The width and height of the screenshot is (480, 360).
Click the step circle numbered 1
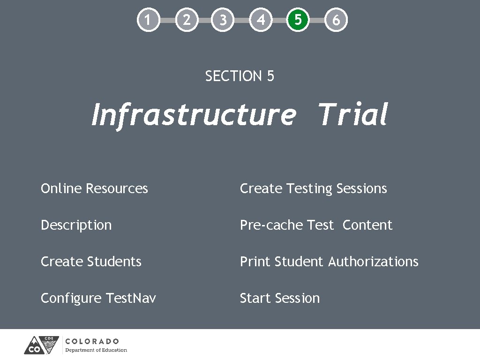pos(148,20)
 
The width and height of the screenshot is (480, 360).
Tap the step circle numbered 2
pos(186,20)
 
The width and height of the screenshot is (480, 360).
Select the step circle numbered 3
pos(223,20)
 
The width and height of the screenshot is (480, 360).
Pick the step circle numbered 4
pos(261,20)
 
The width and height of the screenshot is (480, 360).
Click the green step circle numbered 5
pos(298,20)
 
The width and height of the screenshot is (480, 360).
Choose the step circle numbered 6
pos(336,20)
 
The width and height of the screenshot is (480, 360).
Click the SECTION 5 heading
pos(240,76)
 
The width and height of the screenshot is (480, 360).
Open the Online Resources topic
pos(94,188)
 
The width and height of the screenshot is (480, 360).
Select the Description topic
pos(76,225)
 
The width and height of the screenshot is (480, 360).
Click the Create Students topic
pos(91,262)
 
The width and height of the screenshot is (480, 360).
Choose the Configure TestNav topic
pos(98,298)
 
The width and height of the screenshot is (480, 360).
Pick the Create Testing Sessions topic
pos(313,188)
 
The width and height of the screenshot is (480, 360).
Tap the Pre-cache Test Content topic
pos(316,225)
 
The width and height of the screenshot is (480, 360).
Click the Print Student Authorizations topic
pos(329,262)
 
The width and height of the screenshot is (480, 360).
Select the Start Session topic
pos(280,298)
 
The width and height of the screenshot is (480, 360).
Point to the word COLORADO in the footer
pos(92,341)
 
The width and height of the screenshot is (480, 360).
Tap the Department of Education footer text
pos(96,350)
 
